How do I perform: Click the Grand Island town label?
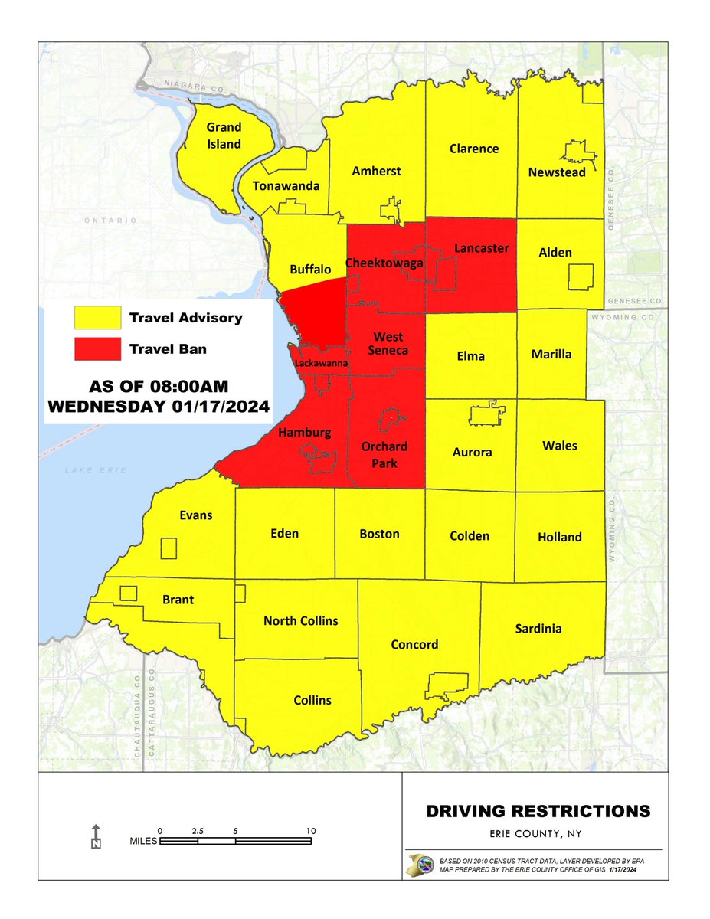click(223, 136)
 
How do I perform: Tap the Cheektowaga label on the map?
click(381, 263)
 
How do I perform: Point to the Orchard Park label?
click(386, 454)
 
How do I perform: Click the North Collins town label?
click(300, 620)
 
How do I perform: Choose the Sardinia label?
click(538, 629)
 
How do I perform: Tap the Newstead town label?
click(557, 172)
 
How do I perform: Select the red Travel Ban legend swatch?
click(97, 348)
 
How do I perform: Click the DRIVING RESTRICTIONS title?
click(538, 810)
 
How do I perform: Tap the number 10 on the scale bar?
click(309, 830)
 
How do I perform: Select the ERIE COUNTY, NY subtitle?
click(538, 833)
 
